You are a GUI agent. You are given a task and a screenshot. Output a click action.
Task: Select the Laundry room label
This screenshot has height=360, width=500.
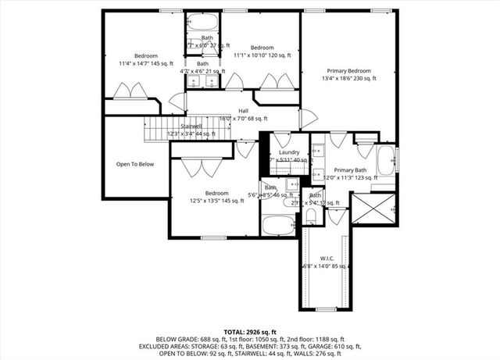(x=289, y=153)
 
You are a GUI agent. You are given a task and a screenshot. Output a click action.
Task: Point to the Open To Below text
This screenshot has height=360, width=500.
(x=134, y=165)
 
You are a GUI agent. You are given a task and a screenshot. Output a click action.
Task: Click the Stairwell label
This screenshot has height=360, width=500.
(x=191, y=126)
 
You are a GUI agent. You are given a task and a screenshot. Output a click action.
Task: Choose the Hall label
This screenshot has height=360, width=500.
(x=243, y=111)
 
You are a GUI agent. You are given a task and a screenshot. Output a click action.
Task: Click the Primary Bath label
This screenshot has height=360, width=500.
(x=349, y=169)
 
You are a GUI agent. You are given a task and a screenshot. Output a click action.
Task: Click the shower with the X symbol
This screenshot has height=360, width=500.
(x=373, y=209)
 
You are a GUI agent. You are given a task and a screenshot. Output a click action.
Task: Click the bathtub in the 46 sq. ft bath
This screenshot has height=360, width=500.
(x=276, y=226)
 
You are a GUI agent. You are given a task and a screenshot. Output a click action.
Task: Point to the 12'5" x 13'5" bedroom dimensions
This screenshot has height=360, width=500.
(x=216, y=201)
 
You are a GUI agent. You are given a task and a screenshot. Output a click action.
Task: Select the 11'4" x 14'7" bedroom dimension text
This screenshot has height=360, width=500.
(x=145, y=63)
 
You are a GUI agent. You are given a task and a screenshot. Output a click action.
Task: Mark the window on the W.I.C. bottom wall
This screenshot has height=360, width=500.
(x=326, y=309)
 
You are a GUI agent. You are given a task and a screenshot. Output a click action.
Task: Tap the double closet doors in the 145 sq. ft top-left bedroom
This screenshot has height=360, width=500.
(x=130, y=91)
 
